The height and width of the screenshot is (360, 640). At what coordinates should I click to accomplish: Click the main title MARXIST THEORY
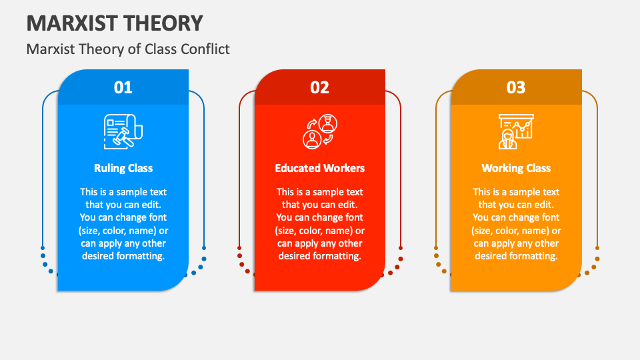[x=115, y=23]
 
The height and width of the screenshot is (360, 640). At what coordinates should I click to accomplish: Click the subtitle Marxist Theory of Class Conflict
[x=128, y=49]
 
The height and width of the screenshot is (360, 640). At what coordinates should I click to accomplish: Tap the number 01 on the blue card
[x=123, y=87]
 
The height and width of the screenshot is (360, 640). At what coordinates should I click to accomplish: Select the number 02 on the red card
[x=320, y=87]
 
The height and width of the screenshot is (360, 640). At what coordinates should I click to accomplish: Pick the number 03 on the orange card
[x=516, y=87]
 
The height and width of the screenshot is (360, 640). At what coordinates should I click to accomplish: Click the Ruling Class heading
[x=123, y=168]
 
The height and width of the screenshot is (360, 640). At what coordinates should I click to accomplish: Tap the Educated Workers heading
[x=320, y=168]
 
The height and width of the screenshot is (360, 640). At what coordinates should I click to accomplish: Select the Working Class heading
[x=516, y=168]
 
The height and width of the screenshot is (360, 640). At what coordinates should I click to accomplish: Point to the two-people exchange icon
[x=320, y=131]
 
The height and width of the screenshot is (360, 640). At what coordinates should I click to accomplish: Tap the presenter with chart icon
[x=516, y=131]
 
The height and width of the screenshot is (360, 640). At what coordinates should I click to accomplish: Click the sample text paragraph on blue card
[x=123, y=224]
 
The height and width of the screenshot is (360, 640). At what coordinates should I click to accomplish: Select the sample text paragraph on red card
[x=320, y=224]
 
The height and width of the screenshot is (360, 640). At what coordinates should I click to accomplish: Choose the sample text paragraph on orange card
[x=516, y=224]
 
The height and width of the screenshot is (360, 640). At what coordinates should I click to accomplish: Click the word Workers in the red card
[x=343, y=168]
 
